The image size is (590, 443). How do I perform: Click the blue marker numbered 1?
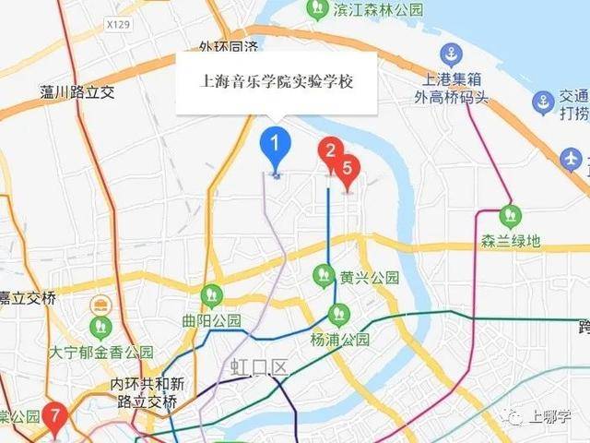tap(275, 146)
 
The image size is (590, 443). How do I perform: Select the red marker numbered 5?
tap(348, 170)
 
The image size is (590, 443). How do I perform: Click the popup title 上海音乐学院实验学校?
tap(277, 81)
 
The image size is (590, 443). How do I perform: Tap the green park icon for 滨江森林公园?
tap(317, 10)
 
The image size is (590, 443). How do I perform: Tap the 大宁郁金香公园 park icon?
tap(100, 327)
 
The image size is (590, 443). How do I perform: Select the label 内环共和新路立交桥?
tap(147, 392)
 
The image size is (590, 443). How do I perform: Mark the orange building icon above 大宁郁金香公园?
tap(99, 304)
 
